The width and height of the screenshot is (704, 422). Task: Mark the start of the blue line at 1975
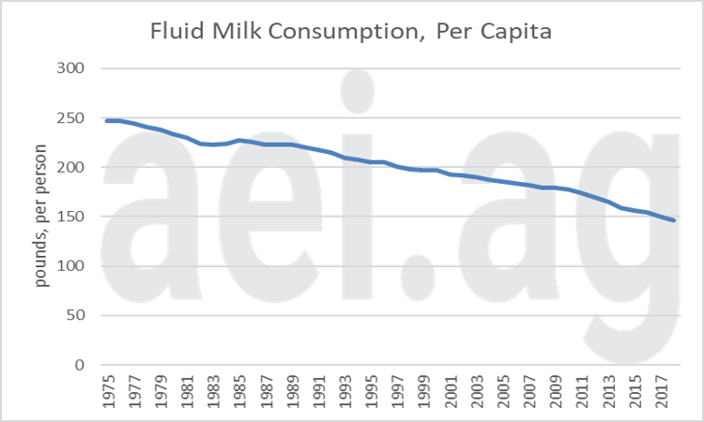click(105, 121)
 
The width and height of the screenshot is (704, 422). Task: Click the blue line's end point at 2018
click(673, 220)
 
